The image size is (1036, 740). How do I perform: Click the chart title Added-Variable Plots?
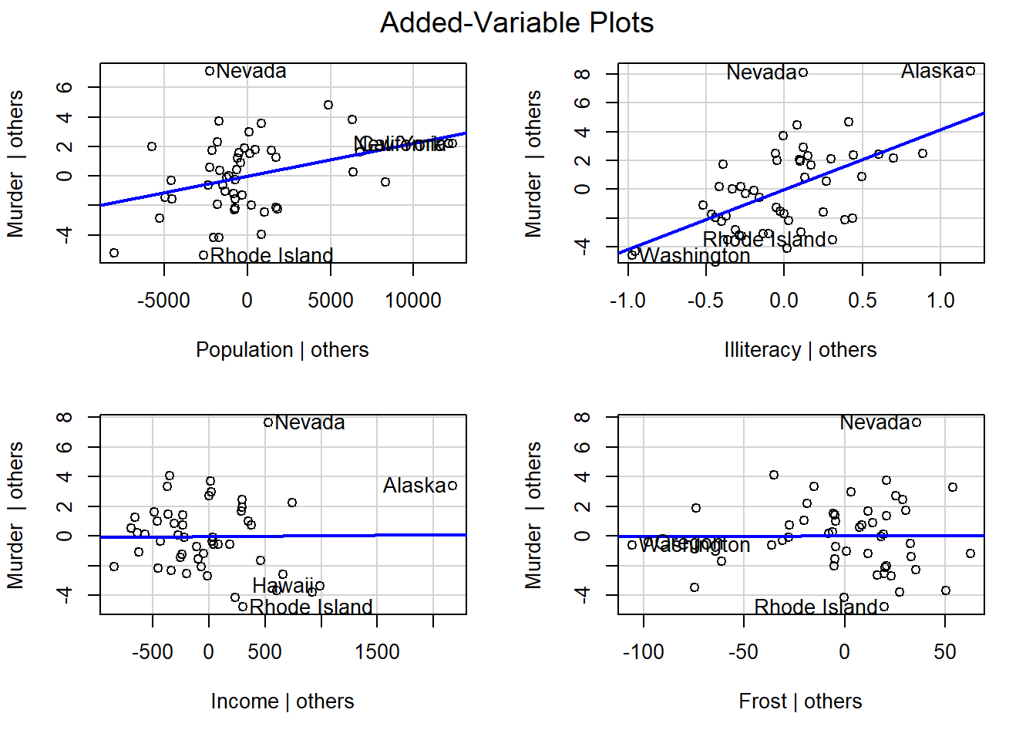click(x=516, y=23)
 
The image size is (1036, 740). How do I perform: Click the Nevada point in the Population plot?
click(x=210, y=71)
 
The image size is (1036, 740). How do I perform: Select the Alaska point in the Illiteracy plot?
click(x=970, y=71)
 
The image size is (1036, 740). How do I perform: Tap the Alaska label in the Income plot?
click(x=414, y=486)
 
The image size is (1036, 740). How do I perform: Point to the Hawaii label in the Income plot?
click(x=283, y=586)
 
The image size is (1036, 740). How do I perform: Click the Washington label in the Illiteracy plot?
click(x=695, y=255)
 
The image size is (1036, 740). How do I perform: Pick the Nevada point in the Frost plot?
click(x=917, y=422)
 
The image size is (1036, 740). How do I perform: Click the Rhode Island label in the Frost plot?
click(x=816, y=607)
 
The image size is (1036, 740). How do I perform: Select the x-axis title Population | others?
click(x=282, y=350)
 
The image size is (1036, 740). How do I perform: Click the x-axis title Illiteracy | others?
click(x=800, y=350)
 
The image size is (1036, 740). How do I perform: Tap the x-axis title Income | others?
click(x=282, y=701)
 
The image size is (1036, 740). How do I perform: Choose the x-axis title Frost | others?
click(x=800, y=701)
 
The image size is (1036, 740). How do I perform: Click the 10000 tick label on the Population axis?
click(x=413, y=301)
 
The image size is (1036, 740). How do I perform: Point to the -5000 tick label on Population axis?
click(x=163, y=301)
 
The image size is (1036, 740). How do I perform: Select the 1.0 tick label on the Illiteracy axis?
click(x=940, y=301)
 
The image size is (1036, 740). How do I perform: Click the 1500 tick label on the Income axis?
click(x=377, y=652)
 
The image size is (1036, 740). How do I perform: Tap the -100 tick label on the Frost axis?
click(x=643, y=652)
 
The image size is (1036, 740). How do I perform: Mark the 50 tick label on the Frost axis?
click(x=945, y=652)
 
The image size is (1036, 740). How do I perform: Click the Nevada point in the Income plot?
click(x=268, y=422)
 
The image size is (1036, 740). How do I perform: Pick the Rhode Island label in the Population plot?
click(x=271, y=255)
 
